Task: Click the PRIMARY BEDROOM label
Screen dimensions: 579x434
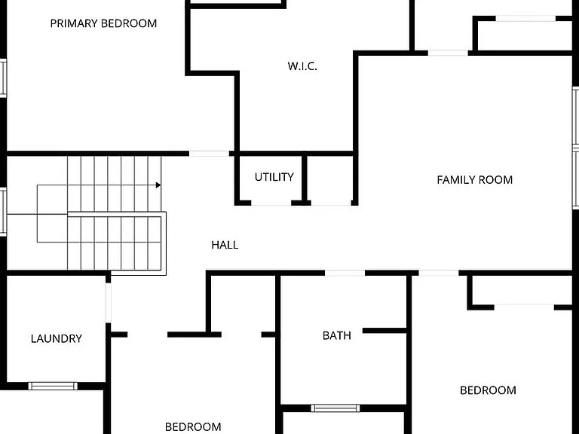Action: pos(103,23)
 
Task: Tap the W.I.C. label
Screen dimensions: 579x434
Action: pos(302,66)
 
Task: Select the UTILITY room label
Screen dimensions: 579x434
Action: pos(274,177)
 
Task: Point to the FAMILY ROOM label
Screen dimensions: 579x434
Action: pos(474,180)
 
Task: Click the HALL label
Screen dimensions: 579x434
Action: pos(225,245)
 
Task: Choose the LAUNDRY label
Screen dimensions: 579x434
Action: pos(56,339)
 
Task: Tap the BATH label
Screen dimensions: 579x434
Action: pos(337,335)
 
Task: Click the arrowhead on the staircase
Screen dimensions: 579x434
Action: pos(158,185)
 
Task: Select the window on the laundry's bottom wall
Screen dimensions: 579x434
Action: pos(53,386)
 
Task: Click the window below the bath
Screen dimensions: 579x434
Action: pos(335,408)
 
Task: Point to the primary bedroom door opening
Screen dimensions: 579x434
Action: pos(209,154)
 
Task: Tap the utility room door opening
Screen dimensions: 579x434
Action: pos(271,203)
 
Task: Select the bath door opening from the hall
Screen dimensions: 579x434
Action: pos(345,273)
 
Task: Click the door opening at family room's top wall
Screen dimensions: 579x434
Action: pos(448,53)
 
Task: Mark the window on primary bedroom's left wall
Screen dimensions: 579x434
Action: pos(3,78)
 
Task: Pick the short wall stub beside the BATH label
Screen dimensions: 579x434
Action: pos(384,331)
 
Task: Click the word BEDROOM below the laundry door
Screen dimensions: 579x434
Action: pos(193,427)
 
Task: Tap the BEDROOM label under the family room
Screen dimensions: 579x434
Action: pos(488,390)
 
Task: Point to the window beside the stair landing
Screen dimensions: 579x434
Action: pos(3,212)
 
